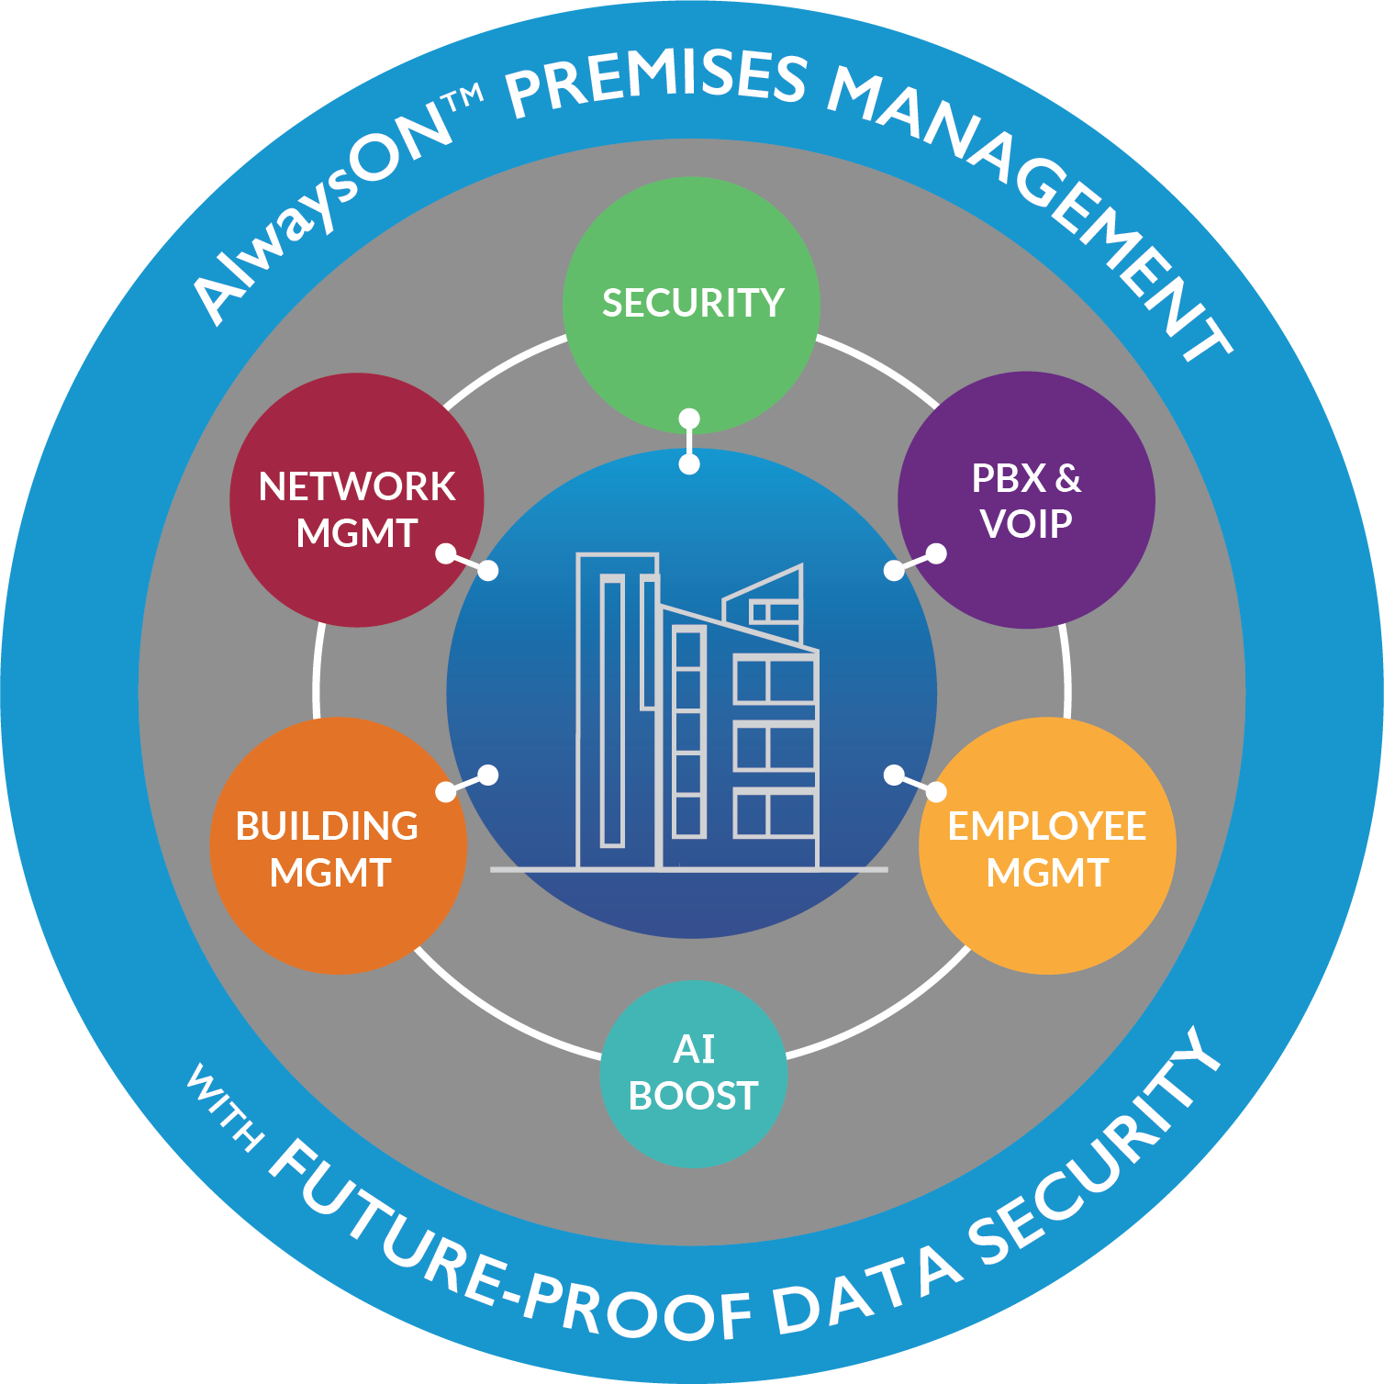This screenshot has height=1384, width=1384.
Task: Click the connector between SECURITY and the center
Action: (689, 441)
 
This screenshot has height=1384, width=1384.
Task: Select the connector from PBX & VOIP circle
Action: (915, 562)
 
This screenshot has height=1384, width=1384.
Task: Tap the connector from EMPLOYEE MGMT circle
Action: (915, 783)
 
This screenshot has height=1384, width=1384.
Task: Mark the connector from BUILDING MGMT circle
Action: (466, 783)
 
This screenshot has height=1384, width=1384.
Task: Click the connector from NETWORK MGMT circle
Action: (466, 562)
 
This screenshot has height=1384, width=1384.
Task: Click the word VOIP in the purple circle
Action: (1025, 524)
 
